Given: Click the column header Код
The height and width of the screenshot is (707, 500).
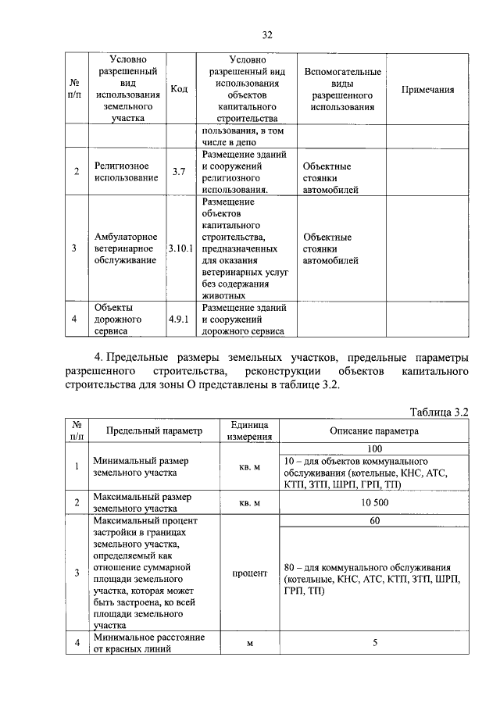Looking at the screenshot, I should click(x=178, y=90).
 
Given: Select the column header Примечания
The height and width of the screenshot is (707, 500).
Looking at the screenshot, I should click(x=427, y=90).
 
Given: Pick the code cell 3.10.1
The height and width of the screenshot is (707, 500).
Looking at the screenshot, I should click(x=179, y=248).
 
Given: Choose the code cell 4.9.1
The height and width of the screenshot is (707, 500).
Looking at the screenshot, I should click(x=178, y=320).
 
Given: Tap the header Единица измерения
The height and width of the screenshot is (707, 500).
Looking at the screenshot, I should click(x=249, y=430).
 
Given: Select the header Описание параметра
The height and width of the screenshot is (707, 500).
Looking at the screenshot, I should click(x=374, y=430).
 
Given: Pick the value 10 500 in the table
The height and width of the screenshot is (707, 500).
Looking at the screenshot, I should click(x=374, y=502).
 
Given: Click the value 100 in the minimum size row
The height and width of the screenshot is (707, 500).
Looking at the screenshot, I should click(x=374, y=449).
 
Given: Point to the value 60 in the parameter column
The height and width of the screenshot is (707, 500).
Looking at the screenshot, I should click(x=374, y=520).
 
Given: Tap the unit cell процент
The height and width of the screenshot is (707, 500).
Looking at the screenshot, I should click(x=249, y=573).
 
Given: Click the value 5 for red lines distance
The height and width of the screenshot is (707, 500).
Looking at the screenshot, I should click(x=374, y=644).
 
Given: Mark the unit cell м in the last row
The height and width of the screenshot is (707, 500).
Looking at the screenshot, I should click(x=249, y=644).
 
